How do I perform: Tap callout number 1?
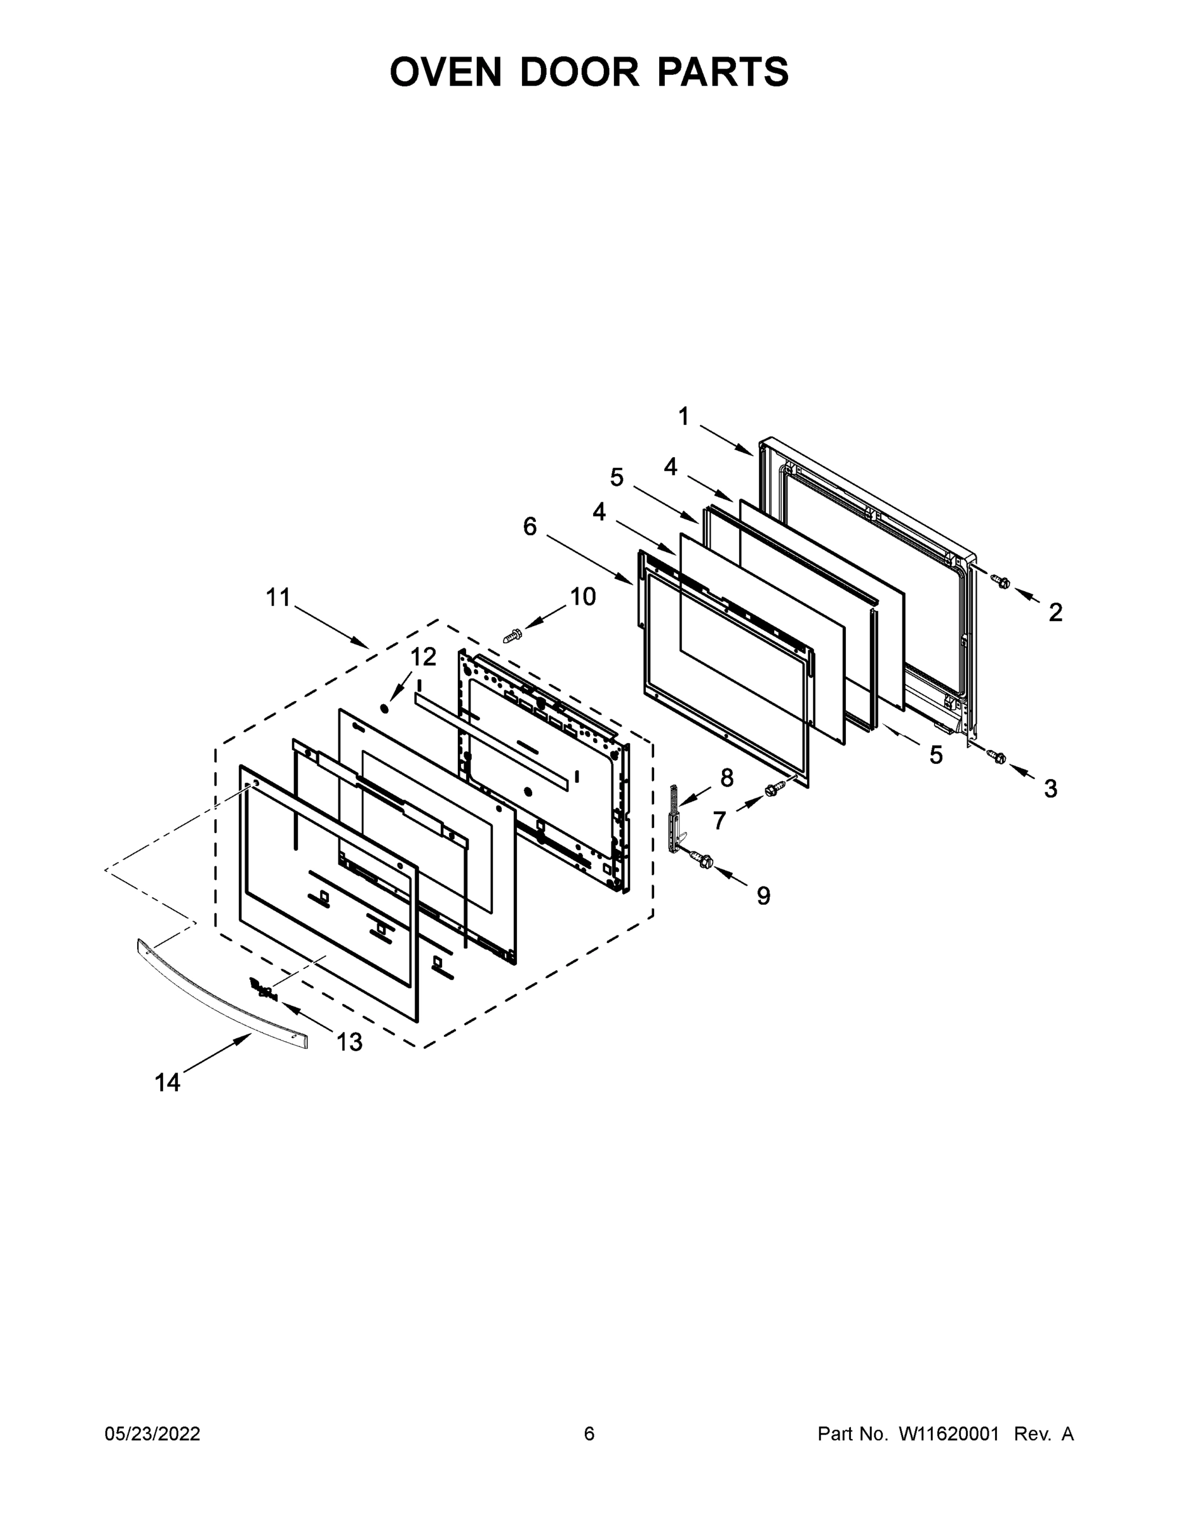[683, 417]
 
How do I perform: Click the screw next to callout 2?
[1001, 580]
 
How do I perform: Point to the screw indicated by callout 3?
[996, 756]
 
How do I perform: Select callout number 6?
[530, 527]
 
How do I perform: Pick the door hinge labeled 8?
[675, 820]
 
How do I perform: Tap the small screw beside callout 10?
[513, 635]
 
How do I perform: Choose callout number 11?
[278, 598]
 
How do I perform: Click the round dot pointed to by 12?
[383, 708]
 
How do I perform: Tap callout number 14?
[168, 1083]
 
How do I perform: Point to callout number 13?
[349, 1042]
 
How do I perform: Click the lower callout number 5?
[935, 755]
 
